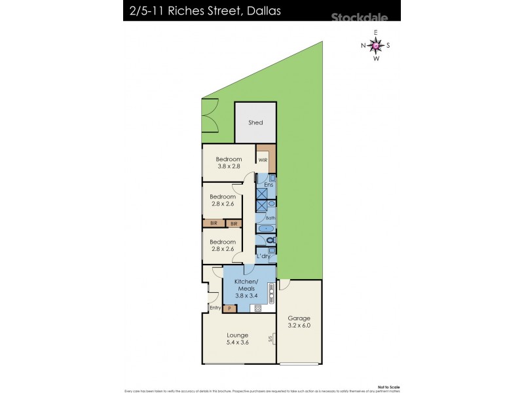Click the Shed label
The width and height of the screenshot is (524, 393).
[255, 122]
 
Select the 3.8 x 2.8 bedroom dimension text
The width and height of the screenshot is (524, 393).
[229, 167]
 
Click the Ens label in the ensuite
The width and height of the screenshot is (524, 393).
[268, 185]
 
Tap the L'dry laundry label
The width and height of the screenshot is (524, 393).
[264, 256]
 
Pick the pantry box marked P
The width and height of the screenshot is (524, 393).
[229, 308]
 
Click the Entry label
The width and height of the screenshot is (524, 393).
[215, 307]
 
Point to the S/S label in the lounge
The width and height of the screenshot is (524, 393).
[271, 339]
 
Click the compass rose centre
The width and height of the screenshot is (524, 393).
[375, 45]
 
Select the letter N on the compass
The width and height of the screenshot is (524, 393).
[363, 45]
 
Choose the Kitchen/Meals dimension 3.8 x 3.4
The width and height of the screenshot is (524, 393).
[247, 296]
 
